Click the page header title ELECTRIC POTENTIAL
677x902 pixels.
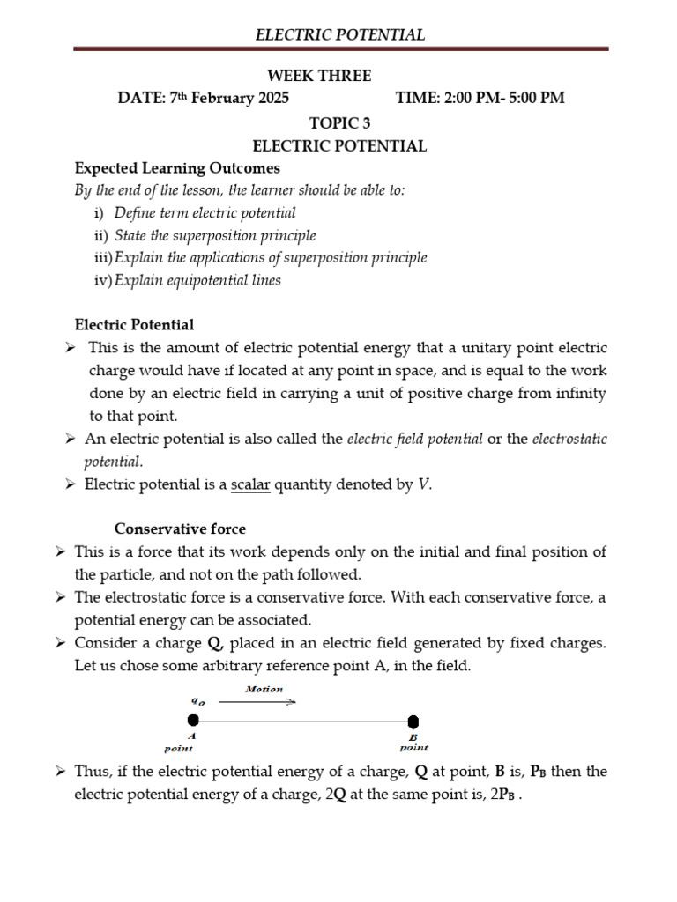(339, 35)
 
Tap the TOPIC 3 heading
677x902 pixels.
(339, 122)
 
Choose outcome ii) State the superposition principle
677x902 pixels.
(214, 235)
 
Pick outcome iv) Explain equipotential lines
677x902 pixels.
(197, 280)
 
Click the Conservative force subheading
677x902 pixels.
(180, 529)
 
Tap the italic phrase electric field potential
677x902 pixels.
(414, 439)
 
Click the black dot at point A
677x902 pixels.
(193, 721)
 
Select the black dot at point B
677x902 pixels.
(413, 721)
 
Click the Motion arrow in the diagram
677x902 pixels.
(257, 701)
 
